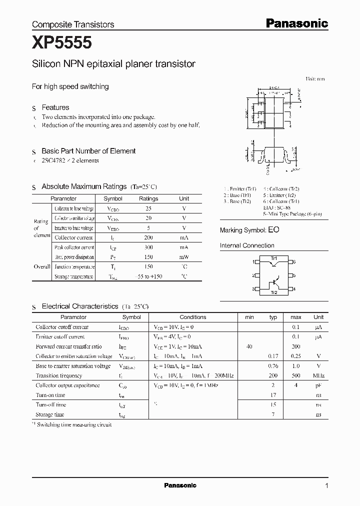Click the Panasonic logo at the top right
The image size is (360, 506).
[x=296, y=23]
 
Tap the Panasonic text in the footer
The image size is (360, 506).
[x=180, y=485]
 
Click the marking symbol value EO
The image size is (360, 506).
[x=273, y=230]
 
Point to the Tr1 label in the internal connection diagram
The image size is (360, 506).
[x=273, y=257]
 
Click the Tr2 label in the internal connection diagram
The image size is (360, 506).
[x=273, y=292]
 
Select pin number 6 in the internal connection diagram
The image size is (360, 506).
[x=294, y=261]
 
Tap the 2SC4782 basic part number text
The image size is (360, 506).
[x=57, y=160]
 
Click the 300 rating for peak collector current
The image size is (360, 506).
[x=148, y=247]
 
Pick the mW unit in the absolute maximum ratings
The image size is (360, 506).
[x=184, y=257]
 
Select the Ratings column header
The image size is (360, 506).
[x=148, y=198]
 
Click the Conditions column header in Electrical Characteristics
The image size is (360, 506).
[x=192, y=317]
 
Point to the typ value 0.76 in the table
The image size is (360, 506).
[x=273, y=366]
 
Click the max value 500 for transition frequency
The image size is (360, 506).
[x=295, y=375]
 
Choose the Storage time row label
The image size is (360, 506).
[x=50, y=414]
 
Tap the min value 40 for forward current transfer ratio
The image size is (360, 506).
[x=249, y=346]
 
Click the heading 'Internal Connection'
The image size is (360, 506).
[x=247, y=245]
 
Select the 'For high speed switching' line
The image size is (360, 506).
[x=70, y=86]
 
